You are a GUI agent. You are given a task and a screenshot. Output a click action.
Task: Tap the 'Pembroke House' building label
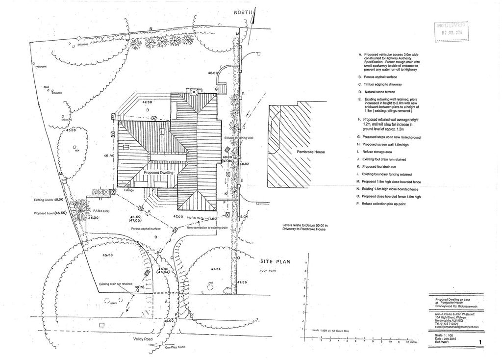(311, 152)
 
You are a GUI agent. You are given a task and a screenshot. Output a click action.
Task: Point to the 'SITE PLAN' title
(276, 262)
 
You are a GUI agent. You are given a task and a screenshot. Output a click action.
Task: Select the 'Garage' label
(129, 190)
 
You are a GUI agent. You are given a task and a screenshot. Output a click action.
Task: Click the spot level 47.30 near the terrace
(148, 102)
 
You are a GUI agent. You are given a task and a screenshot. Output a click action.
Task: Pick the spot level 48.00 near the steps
(212, 73)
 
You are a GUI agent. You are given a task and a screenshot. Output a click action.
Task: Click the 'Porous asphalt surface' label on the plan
(142, 229)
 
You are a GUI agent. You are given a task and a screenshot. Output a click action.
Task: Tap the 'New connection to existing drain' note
(207, 228)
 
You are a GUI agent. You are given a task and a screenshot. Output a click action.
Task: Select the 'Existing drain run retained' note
(116, 284)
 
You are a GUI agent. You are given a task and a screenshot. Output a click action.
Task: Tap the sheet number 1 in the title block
(480, 342)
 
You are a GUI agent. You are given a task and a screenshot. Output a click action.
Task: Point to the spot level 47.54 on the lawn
(216, 269)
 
